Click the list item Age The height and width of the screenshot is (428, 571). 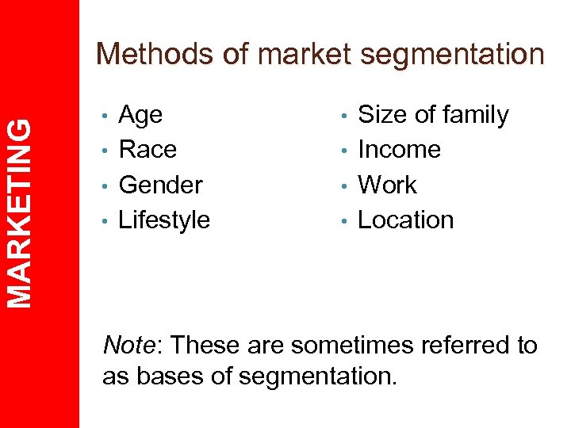[x=140, y=116]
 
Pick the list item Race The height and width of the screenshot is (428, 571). [x=147, y=149]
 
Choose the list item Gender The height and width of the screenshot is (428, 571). [x=160, y=185]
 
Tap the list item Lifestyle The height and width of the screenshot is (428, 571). [x=163, y=220]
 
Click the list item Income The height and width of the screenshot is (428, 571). [x=399, y=149]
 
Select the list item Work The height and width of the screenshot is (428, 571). [x=387, y=185]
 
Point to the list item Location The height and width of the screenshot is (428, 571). [x=405, y=220]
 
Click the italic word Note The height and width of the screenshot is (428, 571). [x=130, y=346]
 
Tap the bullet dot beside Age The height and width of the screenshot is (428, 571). [x=105, y=117]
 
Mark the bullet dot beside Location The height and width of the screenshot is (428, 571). [x=345, y=221]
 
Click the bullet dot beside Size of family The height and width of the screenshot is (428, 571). [x=345, y=117]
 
